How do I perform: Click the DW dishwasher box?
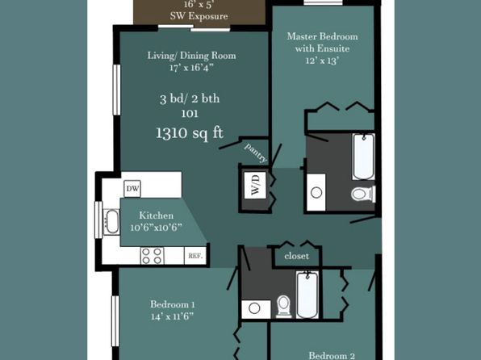click(x=132, y=188)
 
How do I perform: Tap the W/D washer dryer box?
click(x=255, y=185)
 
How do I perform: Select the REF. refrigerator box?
click(x=195, y=256)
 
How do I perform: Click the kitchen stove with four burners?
click(x=152, y=256)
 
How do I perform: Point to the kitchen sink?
click(x=111, y=222)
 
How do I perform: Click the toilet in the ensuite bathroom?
click(x=363, y=194)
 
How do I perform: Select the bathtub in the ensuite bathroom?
click(x=363, y=157)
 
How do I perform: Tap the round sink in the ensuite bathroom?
click(x=316, y=192)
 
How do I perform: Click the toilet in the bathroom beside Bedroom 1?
click(x=283, y=306)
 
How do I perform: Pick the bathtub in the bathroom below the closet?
click(x=307, y=295)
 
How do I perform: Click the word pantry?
click(x=256, y=153)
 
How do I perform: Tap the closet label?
click(x=296, y=256)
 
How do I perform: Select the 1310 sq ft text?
click(x=190, y=133)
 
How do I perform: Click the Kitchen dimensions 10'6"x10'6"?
click(x=156, y=228)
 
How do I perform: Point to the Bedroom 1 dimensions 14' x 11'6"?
click(x=173, y=316)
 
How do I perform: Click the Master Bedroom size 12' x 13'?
click(x=322, y=61)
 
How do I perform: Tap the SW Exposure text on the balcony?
click(x=199, y=16)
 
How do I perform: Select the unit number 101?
click(x=190, y=114)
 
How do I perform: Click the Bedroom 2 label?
click(x=332, y=356)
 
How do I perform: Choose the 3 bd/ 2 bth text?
click(x=190, y=98)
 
